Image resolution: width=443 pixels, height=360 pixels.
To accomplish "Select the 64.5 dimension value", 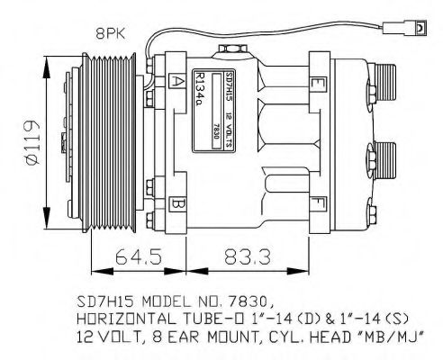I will pyautogui.click(x=139, y=256).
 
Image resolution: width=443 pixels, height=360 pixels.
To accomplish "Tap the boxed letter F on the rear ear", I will pyautogui.click(x=317, y=202).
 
